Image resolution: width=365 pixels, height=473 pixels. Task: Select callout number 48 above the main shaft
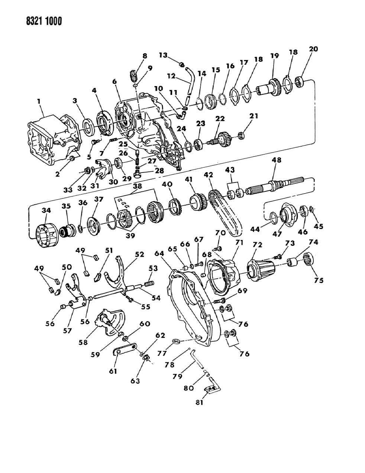pyautogui.click(x=276, y=160)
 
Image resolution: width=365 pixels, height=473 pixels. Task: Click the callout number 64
pyautogui.click(x=159, y=253)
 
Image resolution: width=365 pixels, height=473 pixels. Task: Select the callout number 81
pyautogui.click(x=199, y=402)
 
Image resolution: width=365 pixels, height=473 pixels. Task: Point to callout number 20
pyautogui.click(x=313, y=49)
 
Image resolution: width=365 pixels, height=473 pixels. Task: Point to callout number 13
pyautogui.click(x=164, y=55)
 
